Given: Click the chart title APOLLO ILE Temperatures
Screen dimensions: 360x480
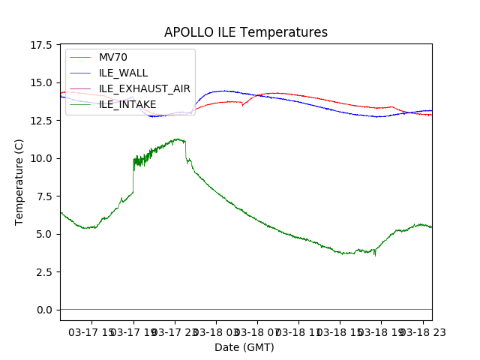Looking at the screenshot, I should tap(246, 32).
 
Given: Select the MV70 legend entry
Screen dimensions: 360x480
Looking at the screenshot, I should tap(113, 57).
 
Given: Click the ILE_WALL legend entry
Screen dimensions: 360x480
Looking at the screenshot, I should tap(123, 73).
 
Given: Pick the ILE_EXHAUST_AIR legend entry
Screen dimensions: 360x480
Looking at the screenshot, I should tap(145, 88).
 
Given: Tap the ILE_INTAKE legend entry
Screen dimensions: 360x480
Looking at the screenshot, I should tap(127, 104).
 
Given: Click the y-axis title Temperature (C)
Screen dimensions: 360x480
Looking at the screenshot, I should tap(19, 181).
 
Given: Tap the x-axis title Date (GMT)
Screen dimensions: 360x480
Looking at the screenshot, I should tap(244, 347).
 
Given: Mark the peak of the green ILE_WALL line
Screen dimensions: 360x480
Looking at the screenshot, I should tap(178, 139).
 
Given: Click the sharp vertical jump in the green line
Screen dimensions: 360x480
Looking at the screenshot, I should tap(133, 176).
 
